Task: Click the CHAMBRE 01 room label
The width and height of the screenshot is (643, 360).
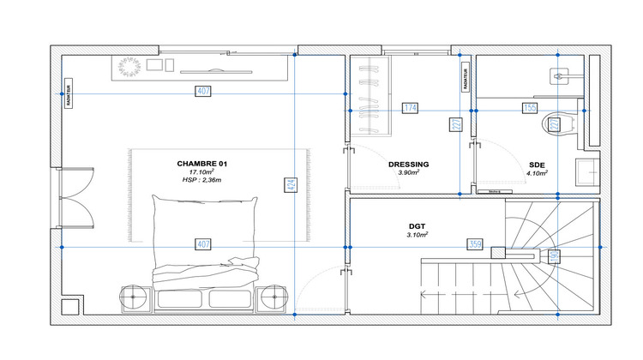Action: [201, 163]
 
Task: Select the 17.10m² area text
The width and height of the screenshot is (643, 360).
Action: [201, 172]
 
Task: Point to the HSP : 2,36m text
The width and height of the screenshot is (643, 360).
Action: [201, 181]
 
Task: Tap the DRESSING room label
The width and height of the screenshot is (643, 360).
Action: [408, 165]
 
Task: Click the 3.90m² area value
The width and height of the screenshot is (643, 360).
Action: [408, 173]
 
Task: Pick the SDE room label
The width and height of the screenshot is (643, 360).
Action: [538, 165]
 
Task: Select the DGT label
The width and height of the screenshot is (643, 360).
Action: [418, 225]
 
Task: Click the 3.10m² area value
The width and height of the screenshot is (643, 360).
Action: [418, 234]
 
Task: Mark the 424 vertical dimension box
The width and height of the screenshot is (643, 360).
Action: [292, 183]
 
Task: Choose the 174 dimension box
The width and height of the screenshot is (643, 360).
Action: [410, 109]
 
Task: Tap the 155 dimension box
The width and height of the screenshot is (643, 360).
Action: [530, 109]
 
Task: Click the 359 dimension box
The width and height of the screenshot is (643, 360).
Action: [474, 245]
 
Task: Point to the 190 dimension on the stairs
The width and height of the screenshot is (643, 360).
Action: [554, 255]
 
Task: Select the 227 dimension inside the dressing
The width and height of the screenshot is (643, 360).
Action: [456, 125]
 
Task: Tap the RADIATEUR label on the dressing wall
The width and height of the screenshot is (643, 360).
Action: [466, 76]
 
